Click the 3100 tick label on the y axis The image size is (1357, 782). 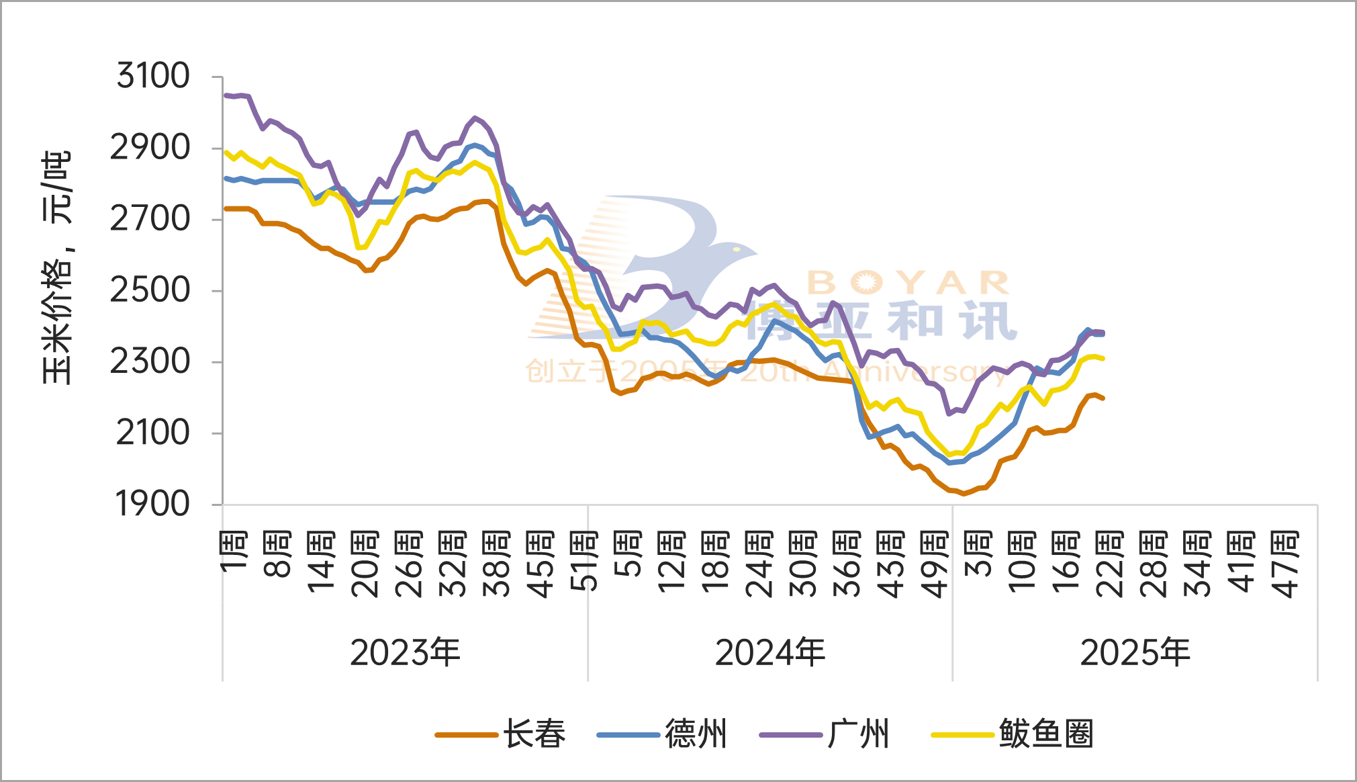153,75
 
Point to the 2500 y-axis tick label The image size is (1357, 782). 150,290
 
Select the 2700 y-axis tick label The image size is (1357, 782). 150,219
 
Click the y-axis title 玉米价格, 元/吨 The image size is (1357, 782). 57,267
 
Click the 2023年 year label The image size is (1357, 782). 405,652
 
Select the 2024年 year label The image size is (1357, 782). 770,652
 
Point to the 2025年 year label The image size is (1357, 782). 1135,652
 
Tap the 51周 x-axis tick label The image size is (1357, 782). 584,561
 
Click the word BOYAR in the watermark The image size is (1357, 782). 908,284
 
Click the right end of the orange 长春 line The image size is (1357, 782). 1103,398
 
